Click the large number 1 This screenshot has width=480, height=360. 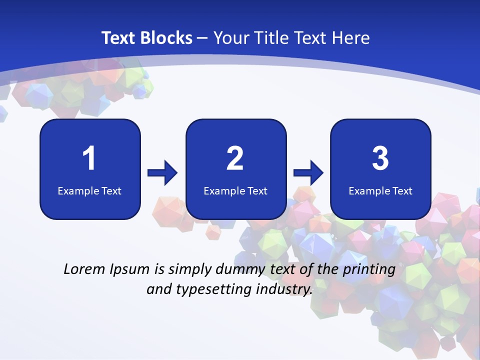coord(89,158)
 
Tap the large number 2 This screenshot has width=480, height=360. coord(235,158)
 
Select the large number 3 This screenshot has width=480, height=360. coord(380,158)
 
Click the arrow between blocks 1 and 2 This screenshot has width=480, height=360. coord(162,173)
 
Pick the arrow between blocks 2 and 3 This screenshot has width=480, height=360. coord(308,173)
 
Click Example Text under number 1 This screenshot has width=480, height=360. coord(89,191)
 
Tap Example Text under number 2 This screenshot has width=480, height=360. coord(235,191)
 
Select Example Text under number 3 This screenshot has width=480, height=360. coord(380,191)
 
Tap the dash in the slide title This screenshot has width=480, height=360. coord(203,38)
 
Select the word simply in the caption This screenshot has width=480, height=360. coord(190,270)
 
